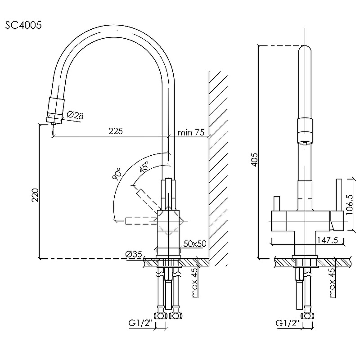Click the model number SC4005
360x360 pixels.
pos(23,25)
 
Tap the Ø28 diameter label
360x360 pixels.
pos(75,115)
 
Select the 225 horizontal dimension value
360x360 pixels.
pos(116,131)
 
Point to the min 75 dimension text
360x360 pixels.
pos(191,132)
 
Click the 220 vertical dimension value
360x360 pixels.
pos(36,195)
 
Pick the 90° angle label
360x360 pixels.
pos(117,174)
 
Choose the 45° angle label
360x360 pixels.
pos(144,166)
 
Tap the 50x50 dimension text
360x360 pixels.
pos(195,243)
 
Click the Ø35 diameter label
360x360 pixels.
pos(134,254)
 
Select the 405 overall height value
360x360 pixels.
pos(255,160)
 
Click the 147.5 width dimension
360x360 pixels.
pos(328,240)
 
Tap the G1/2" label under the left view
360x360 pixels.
pos(140,323)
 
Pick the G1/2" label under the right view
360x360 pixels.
pos(288,323)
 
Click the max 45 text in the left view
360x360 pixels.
pos(194,283)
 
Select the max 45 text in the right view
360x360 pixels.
pos(332,283)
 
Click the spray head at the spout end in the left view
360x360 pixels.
pos(55,111)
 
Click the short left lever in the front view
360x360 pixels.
pos(277,203)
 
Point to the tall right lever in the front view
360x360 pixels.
pos(339,195)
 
